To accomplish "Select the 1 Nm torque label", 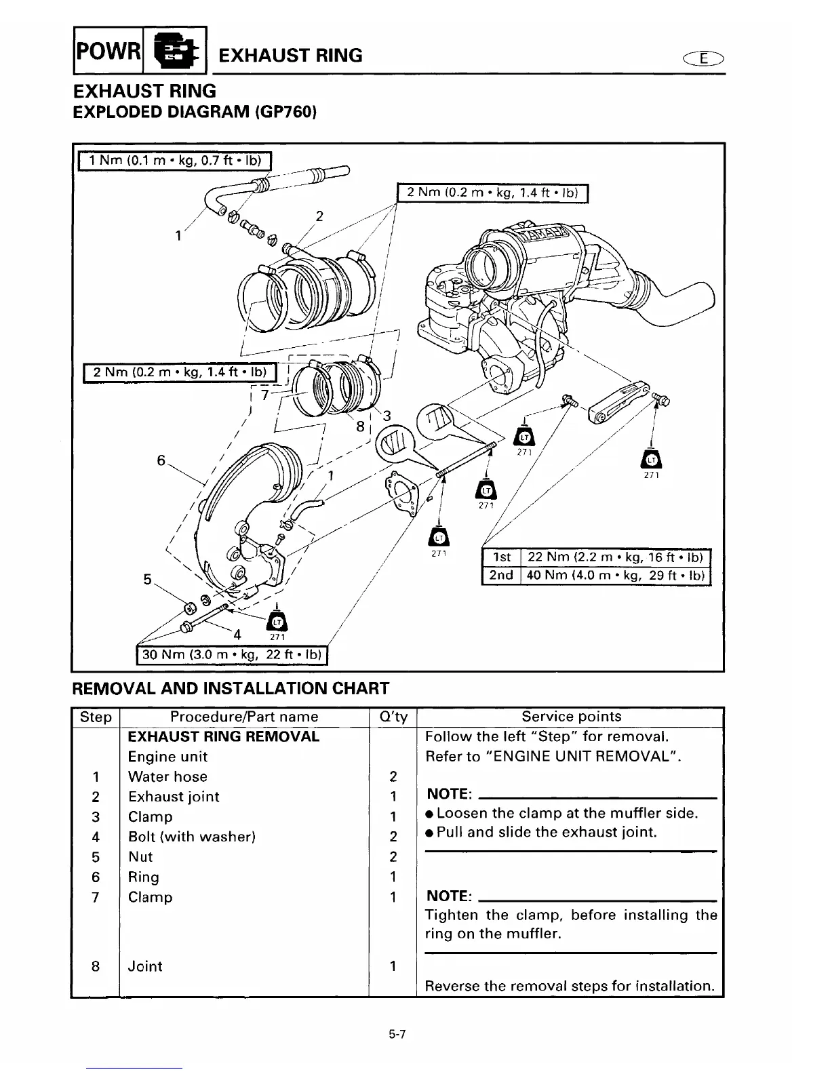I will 175,161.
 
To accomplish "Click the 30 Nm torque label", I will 233,656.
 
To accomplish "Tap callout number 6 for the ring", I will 161,460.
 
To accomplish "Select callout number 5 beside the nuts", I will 147,580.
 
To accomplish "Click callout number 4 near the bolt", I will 237,635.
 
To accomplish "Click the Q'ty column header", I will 393,717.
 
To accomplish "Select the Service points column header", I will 571,717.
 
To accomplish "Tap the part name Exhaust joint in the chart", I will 174,797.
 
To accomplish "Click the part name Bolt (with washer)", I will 192,837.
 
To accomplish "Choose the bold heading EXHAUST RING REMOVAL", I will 224,737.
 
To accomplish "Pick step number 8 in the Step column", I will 96,966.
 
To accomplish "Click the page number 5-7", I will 397,1035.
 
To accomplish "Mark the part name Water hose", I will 167,777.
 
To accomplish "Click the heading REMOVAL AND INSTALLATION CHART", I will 231,689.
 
